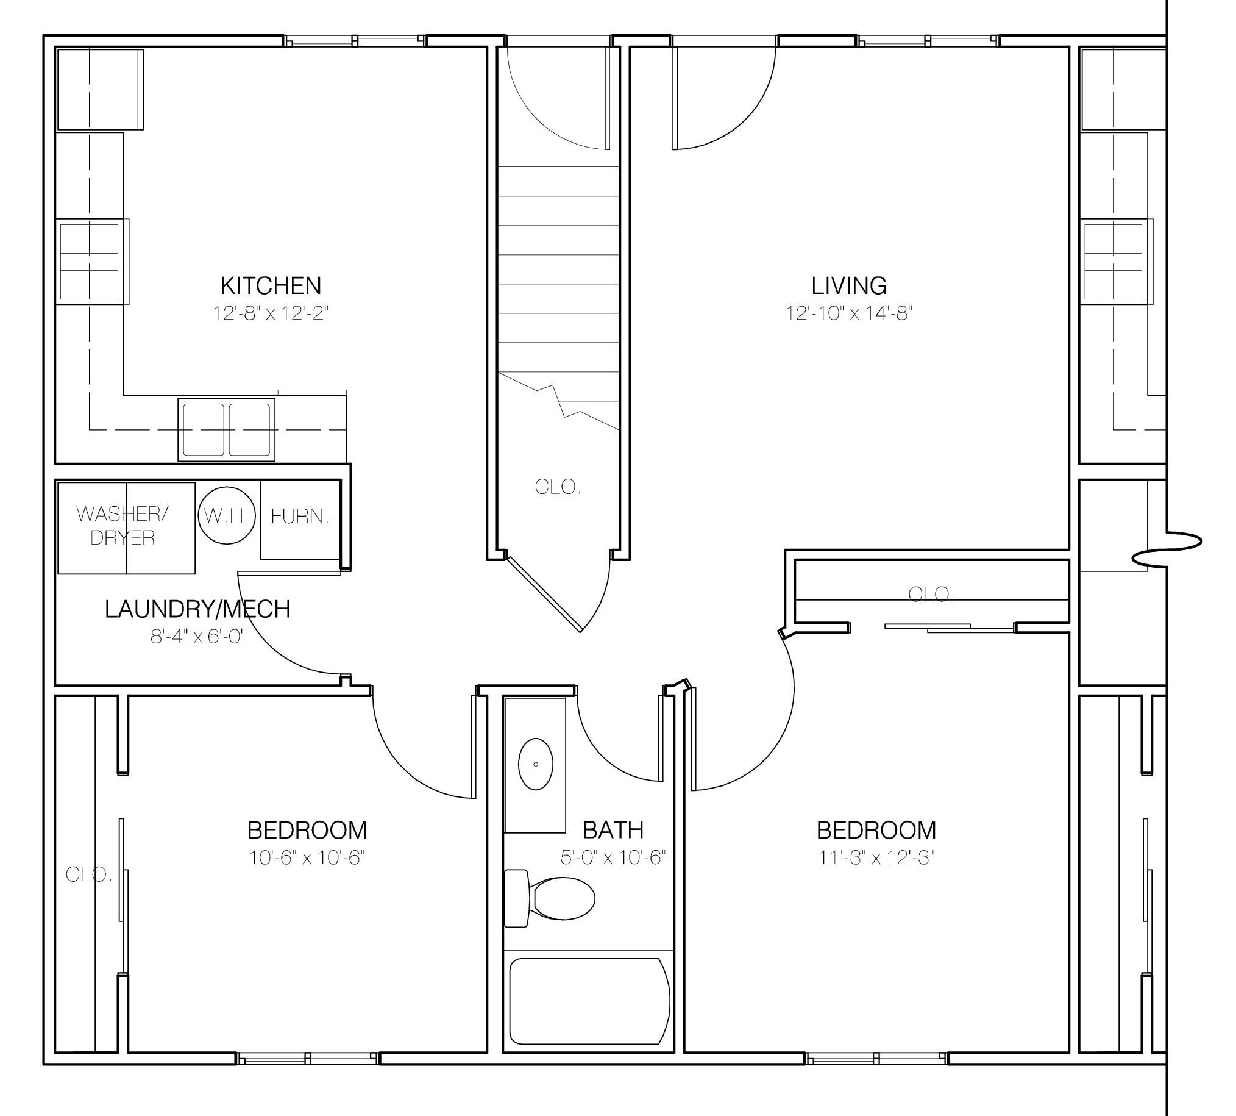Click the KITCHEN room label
point(270,286)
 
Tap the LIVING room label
point(849,286)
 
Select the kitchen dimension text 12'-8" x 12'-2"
point(270,313)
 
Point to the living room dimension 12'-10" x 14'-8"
point(849,313)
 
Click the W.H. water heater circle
point(226,516)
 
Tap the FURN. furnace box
point(300,518)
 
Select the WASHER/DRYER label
point(123,526)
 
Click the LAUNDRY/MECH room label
point(197,609)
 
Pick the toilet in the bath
point(552,899)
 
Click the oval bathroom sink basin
point(536,764)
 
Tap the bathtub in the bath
point(588,1001)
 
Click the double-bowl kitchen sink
point(226,429)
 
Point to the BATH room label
point(613,829)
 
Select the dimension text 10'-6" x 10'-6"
point(307,857)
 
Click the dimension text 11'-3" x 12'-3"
point(876,857)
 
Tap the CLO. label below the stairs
point(558,487)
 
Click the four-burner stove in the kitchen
point(90,261)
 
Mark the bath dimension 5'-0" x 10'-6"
point(613,857)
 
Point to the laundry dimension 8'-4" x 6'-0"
point(197,637)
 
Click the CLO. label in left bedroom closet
point(88,875)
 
